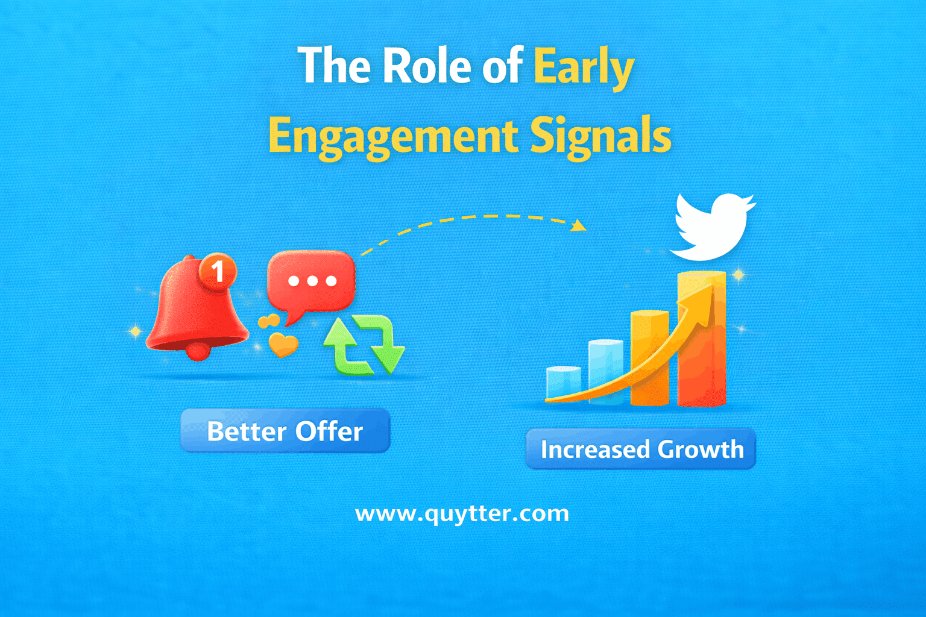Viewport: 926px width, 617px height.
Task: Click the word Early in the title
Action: (x=583, y=67)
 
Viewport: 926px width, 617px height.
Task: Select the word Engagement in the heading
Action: (x=392, y=136)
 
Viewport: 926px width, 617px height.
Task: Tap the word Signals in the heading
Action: (x=600, y=136)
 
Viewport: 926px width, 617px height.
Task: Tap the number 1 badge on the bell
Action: (x=218, y=271)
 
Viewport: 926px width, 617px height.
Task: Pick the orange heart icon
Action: (x=283, y=345)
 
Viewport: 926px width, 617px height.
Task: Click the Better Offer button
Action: (x=285, y=431)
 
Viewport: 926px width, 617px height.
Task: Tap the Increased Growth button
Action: (x=641, y=449)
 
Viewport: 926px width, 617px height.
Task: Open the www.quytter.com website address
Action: (x=462, y=513)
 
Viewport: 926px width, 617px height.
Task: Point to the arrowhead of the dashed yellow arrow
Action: (x=579, y=225)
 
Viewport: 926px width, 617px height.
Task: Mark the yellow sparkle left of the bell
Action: (x=136, y=331)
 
